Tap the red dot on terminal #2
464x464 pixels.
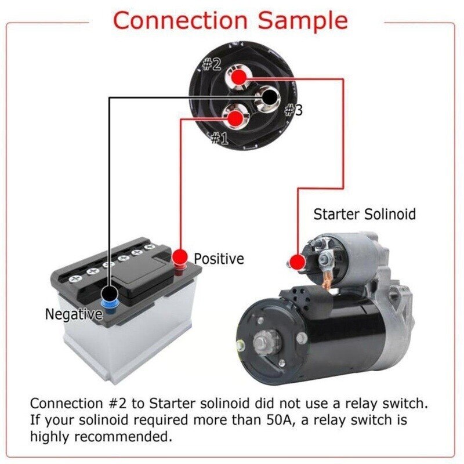(x=237, y=77)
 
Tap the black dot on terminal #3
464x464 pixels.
(x=270, y=97)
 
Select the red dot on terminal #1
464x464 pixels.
(x=235, y=118)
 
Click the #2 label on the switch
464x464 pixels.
(x=211, y=64)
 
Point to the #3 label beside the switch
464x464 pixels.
(x=293, y=110)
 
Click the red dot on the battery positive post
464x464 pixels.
(x=180, y=256)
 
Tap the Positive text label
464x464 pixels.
(x=219, y=258)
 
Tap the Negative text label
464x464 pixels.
(x=74, y=314)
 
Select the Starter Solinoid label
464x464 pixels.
(x=364, y=214)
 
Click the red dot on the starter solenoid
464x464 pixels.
(x=297, y=262)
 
